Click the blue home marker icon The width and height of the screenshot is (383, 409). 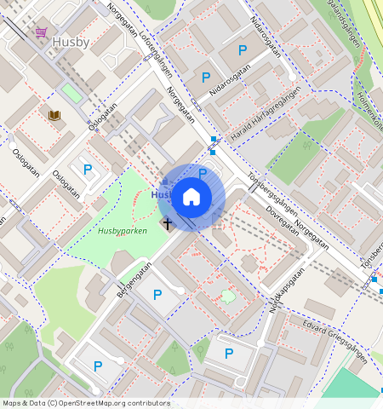pos(191,198)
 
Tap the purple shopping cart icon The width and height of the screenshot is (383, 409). pos(41,32)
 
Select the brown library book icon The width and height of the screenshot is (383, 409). pos(54,115)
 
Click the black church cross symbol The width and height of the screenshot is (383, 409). pos(168,224)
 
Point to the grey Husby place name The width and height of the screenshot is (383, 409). pos(70,41)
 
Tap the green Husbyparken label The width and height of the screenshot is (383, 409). pos(123,231)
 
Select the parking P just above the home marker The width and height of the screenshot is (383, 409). pos(202,173)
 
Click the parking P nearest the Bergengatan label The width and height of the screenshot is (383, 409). pos(157,295)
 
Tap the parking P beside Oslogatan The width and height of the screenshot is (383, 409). pos(88,170)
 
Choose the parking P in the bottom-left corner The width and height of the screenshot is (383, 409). pos(98,366)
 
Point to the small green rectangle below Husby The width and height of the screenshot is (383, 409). pos(71,92)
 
